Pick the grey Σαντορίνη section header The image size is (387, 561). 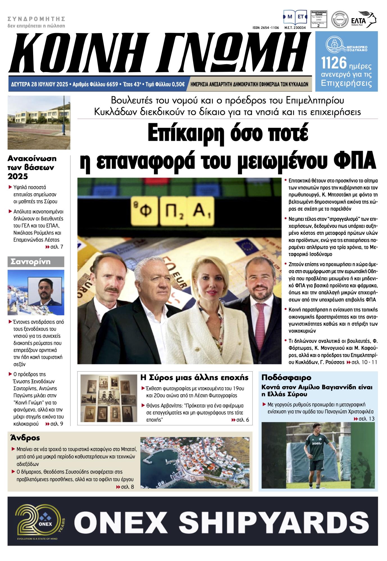click(36, 262)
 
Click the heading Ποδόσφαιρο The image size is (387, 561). click(286, 377)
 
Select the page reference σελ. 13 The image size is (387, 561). click(364, 419)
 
